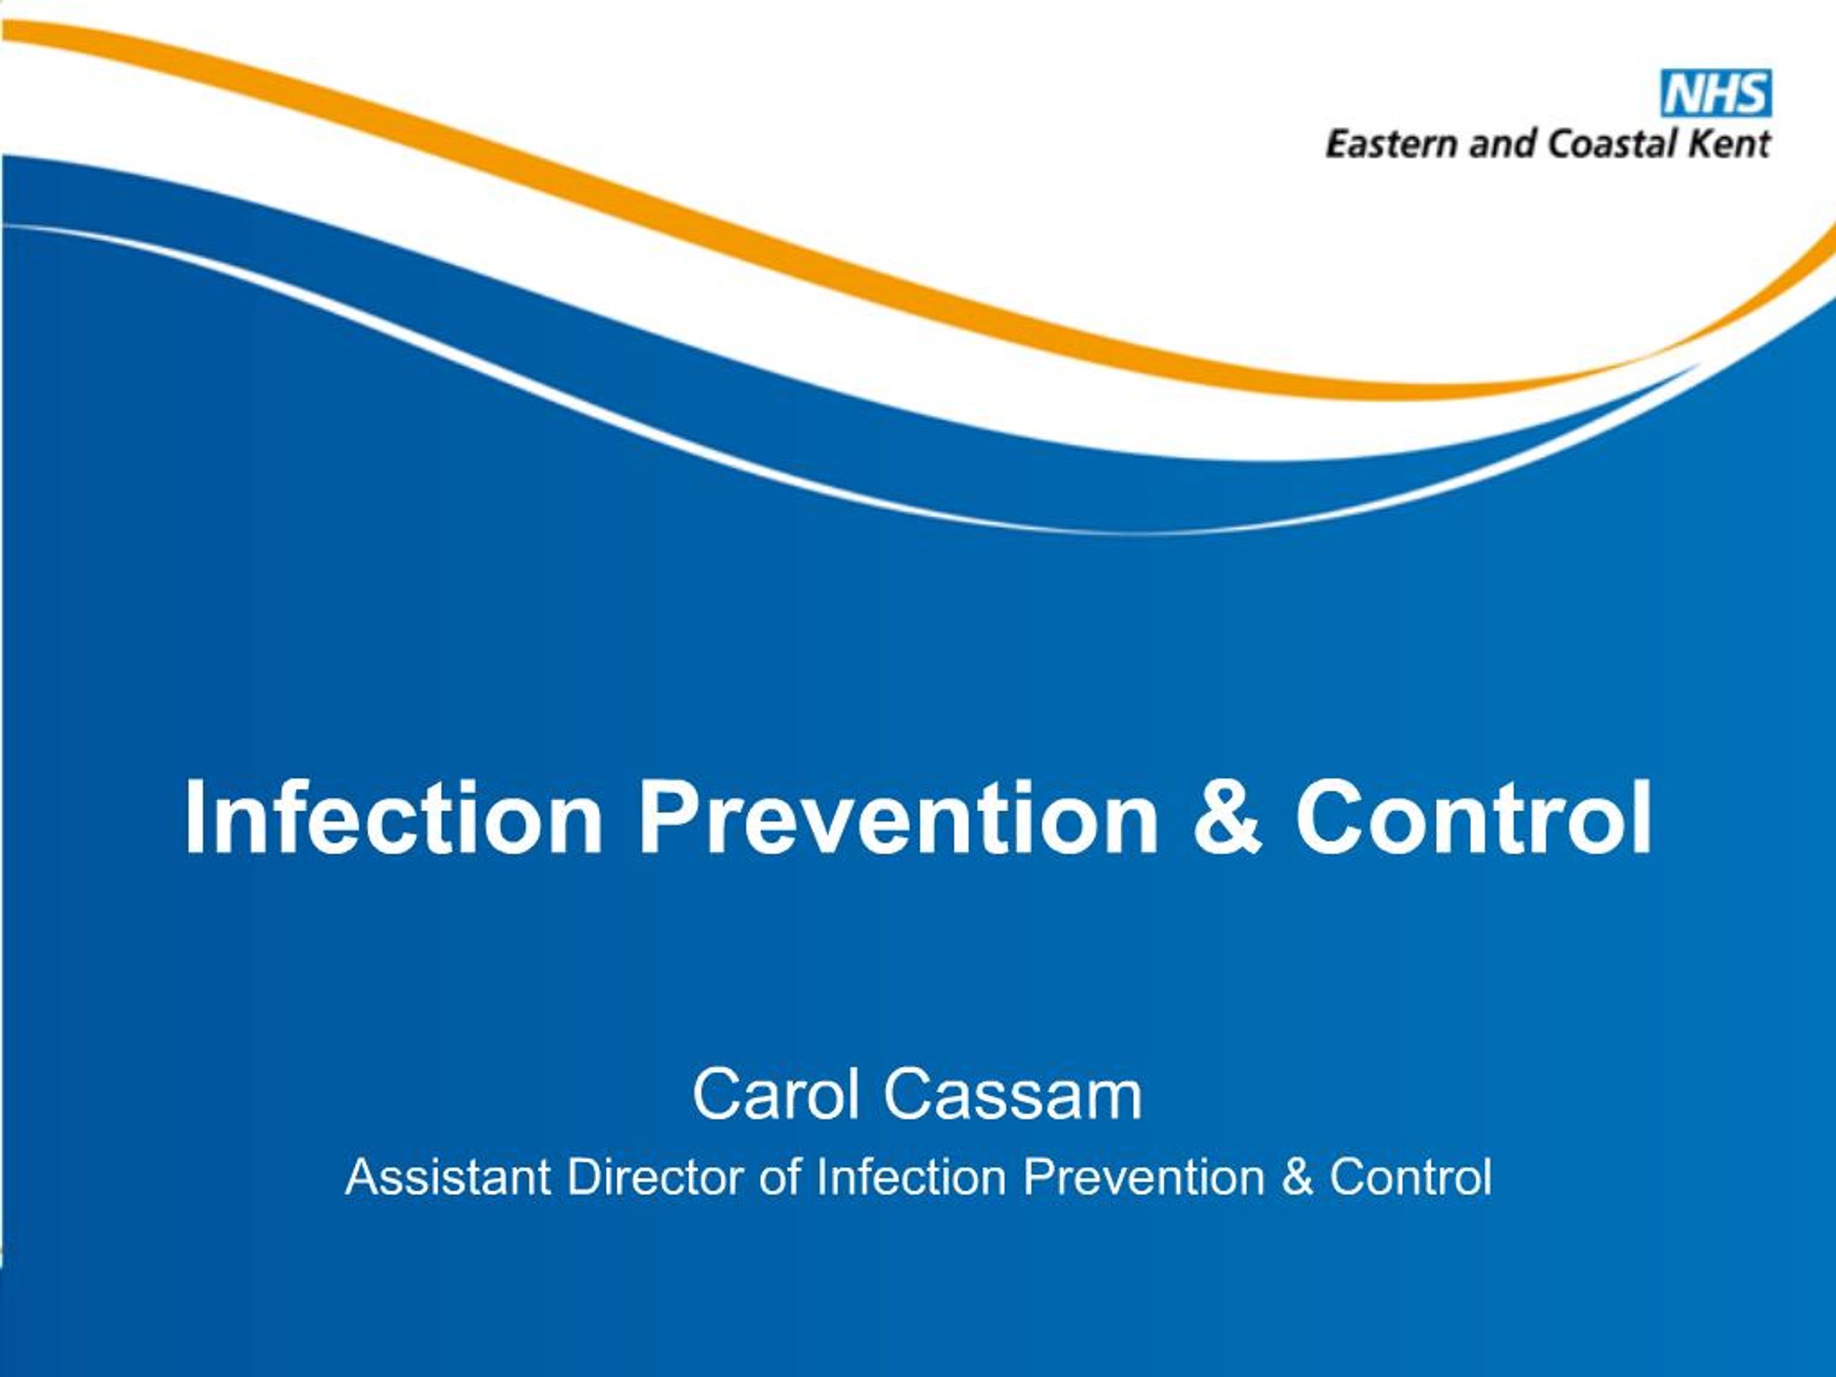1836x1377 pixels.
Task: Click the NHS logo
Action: (1715, 94)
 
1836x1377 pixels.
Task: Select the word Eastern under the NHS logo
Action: (1391, 144)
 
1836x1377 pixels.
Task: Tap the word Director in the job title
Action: (655, 1177)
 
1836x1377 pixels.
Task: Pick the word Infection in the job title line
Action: (911, 1177)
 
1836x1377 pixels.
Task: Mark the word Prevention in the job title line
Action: (1144, 1177)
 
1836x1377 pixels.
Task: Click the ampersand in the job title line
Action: (1297, 1177)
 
